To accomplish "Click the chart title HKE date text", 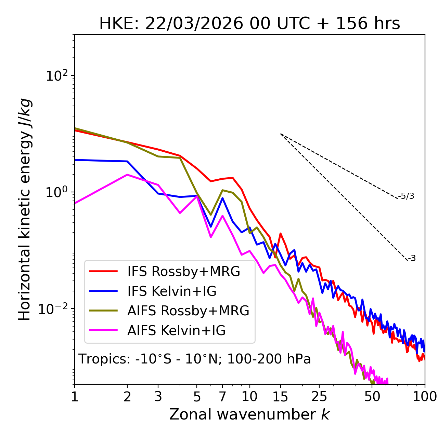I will (x=249, y=24).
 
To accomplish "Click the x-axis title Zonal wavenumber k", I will (x=249, y=414).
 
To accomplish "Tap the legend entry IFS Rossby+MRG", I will (x=183, y=272).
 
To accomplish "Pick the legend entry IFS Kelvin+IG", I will (x=172, y=291).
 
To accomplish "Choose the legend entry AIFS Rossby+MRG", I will (x=188, y=311).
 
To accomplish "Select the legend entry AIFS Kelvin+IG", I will (x=176, y=331).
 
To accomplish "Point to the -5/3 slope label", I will (x=406, y=196).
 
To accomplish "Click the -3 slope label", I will (x=412, y=259).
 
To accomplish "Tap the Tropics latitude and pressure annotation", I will (x=195, y=359).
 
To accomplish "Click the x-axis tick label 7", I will (x=222, y=397).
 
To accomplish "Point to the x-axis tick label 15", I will (x=281, y=397).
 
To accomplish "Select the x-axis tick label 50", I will (x=372, y=397).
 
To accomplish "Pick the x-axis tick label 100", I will (x=425, y=397).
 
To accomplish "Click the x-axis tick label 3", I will (x=158, y=397).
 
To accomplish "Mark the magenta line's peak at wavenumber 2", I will (x=127, y=175).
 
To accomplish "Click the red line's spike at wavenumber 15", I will (x=281, y=234).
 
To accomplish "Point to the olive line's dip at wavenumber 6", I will (x=211, y=215).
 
